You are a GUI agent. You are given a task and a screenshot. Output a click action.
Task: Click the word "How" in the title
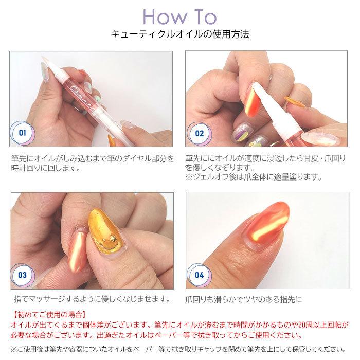(165, 17)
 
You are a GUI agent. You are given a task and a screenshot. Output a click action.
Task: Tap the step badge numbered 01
(23, 133)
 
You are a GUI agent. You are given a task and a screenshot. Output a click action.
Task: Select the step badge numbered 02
(200, 134)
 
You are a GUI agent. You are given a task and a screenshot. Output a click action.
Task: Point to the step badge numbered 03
(22, 275)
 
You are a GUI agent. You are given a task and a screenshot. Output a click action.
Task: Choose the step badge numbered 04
(199, 275)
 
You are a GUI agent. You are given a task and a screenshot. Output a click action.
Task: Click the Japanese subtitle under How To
(180, 34)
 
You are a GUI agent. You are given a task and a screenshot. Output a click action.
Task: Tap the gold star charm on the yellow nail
(113, 239)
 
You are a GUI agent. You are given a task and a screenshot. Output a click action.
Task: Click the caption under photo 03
(93, 299)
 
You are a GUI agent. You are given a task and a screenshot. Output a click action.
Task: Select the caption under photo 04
(244, 299)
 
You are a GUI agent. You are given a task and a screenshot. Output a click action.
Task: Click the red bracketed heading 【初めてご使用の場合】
(49, 314)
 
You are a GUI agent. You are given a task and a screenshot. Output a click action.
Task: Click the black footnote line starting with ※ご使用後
(178, 349)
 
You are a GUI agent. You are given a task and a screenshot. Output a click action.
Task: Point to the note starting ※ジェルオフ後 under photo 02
(254, 177)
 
